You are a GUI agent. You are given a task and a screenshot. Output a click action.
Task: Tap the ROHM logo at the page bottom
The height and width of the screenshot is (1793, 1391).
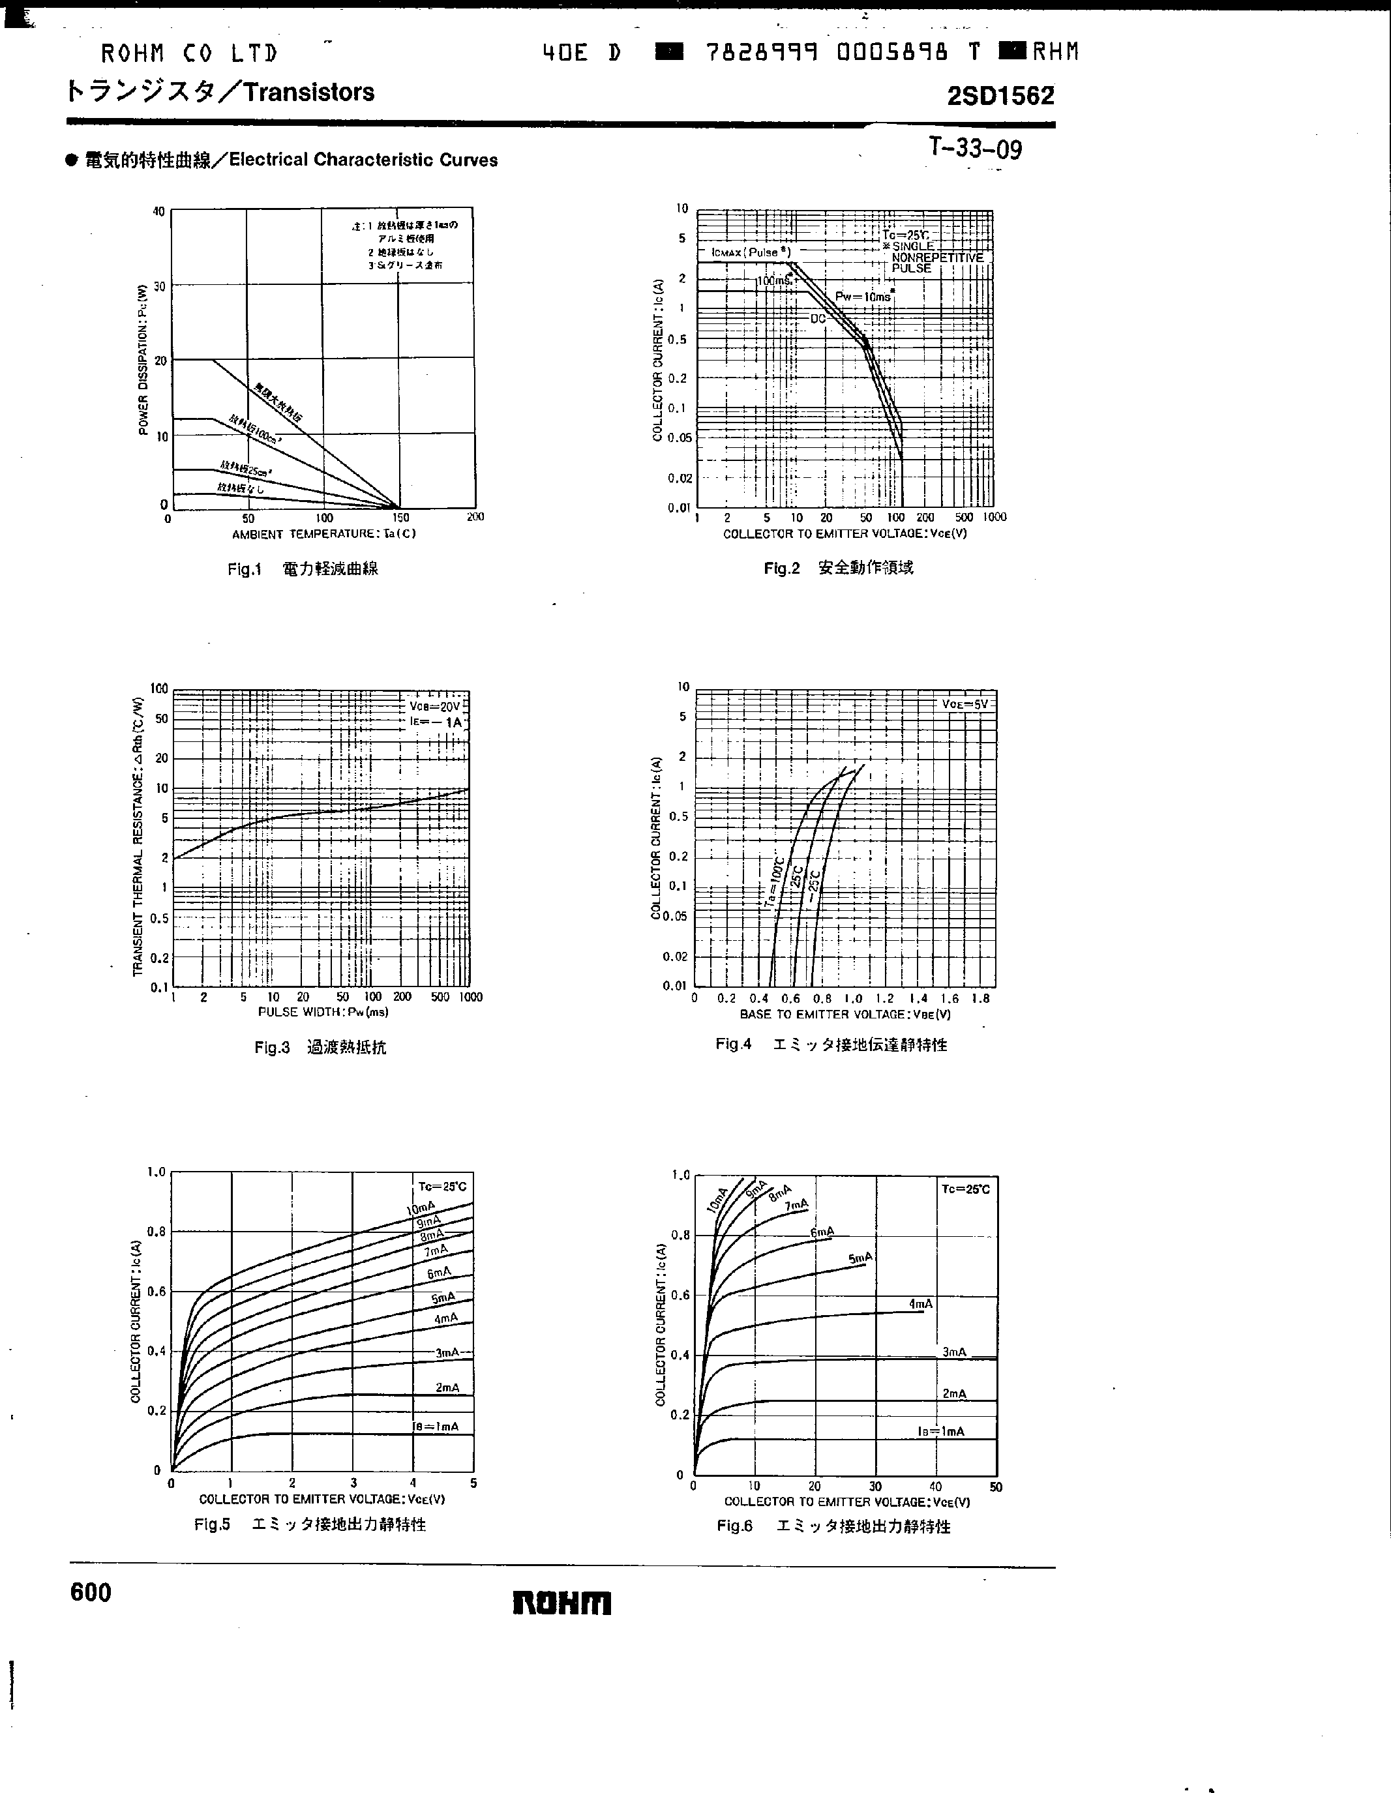pos(563,1603)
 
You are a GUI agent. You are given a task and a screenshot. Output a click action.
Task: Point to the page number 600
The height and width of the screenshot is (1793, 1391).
pos(91,1593)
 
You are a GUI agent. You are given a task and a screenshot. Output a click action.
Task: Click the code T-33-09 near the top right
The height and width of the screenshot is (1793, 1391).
pos(976,149)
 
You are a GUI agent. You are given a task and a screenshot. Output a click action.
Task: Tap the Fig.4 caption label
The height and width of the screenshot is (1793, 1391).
pos(733,1045)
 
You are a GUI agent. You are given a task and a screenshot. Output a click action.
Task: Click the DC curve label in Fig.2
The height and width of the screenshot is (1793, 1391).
pos(818,319)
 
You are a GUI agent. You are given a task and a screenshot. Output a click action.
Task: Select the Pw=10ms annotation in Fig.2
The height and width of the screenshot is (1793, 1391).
pos(862,297)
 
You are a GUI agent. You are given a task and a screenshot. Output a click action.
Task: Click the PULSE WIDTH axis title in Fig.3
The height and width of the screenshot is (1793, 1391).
pos(323,1013)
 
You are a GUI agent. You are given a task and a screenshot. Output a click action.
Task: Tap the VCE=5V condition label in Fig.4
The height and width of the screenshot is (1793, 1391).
pos(965,704)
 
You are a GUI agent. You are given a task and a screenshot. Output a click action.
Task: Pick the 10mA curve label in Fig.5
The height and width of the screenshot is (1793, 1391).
pos(421,1208)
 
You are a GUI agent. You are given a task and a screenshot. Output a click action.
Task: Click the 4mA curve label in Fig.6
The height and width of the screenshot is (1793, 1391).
pos(921,1304)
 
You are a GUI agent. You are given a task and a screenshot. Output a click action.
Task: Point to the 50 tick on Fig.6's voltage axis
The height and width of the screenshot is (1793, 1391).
pos(996,1487)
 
